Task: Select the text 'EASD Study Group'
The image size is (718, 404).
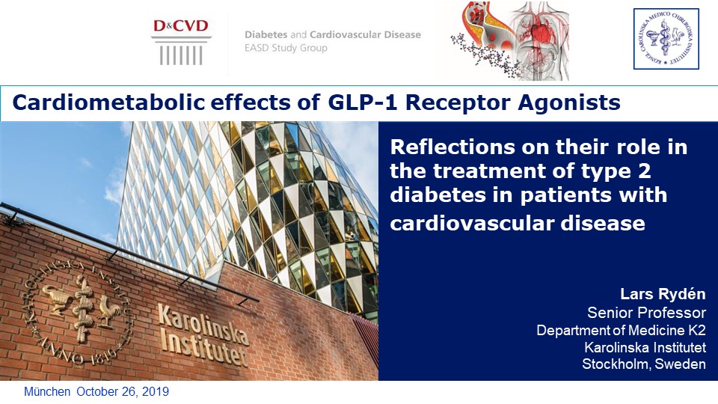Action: pyautogui.click(x=286, y=49)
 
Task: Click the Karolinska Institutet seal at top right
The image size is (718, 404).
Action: pyautogui.click(x=666, y=39)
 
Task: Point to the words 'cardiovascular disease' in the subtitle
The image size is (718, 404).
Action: pyautogui.click(x=518, y=223)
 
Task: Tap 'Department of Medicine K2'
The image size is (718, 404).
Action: pyautogui.click(x=621, y=330)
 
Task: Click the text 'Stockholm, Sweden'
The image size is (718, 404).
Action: pyautogui.click(x=644, y=364)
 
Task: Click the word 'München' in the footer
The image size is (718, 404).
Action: pyautogui.click(x=47, y=392)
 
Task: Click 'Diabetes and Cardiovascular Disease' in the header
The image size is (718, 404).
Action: pyautogui.click(x=333, y=34)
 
